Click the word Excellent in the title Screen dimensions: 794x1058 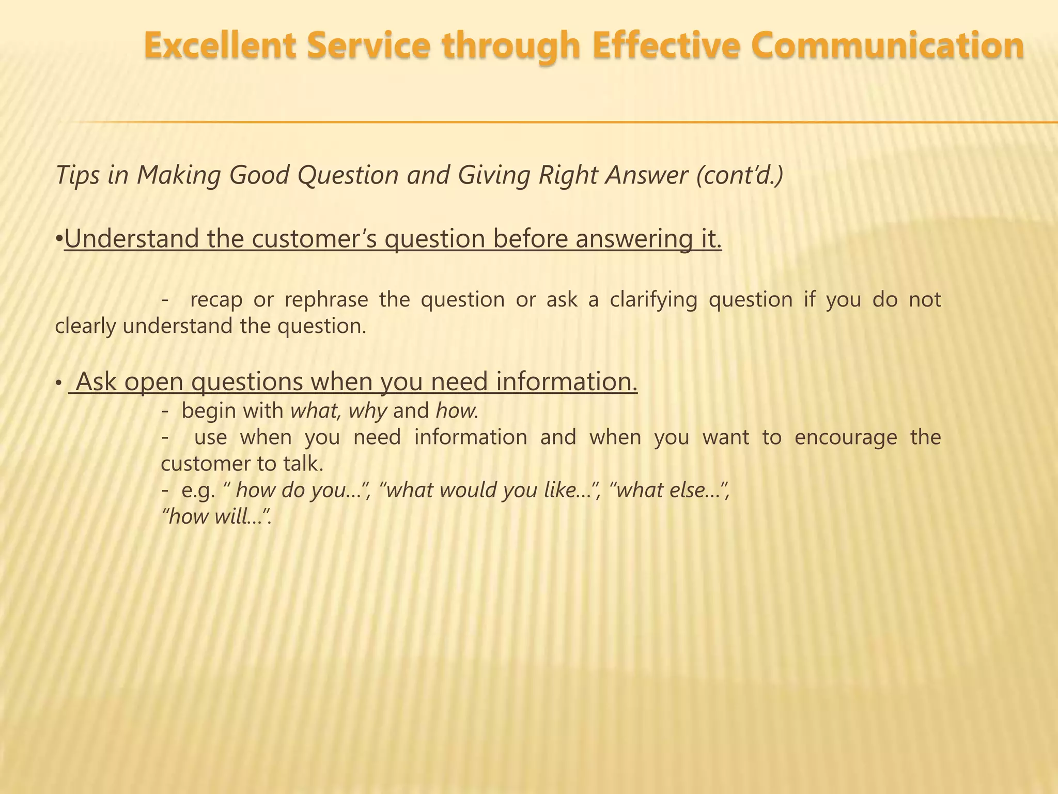click(x=220, y=45)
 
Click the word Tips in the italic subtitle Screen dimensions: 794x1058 click(x=77, y=175)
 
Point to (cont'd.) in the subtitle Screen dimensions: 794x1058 click(x=739, y=175)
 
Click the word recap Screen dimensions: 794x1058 click(x=216, y=300)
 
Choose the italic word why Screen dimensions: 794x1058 click(x=368, y=411)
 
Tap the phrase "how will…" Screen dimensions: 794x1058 click(x=216, y=516)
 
